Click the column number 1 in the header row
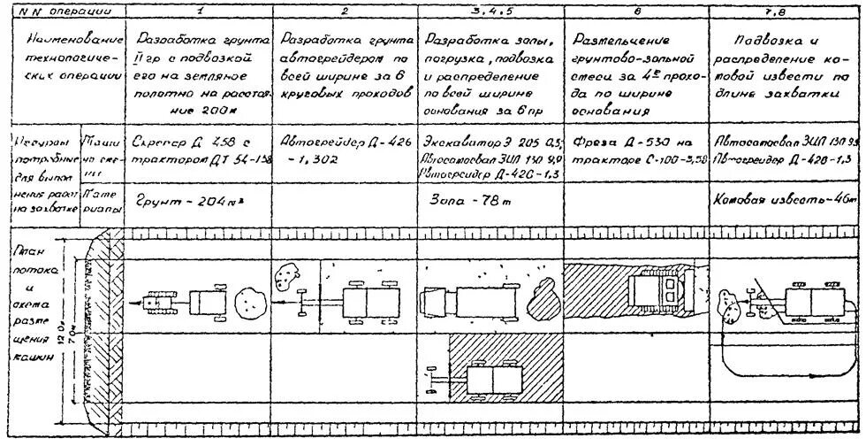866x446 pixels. (201, 10)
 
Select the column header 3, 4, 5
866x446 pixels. (493, 10)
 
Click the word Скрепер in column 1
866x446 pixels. (156, 141)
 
